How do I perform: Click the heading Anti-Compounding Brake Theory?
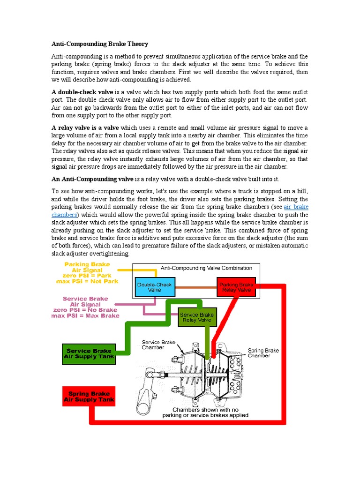click(99, 44)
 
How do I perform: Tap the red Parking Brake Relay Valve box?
click(236, 287)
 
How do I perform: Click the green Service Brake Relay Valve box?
click(196, 317)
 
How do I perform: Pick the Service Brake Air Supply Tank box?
click(89, 353)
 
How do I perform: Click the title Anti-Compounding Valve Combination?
click(206, 268)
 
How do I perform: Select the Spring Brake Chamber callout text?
click(263, 353)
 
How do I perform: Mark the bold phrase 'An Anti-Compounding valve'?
click(92, 179)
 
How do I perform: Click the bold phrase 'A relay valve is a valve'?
click(85, 127)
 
